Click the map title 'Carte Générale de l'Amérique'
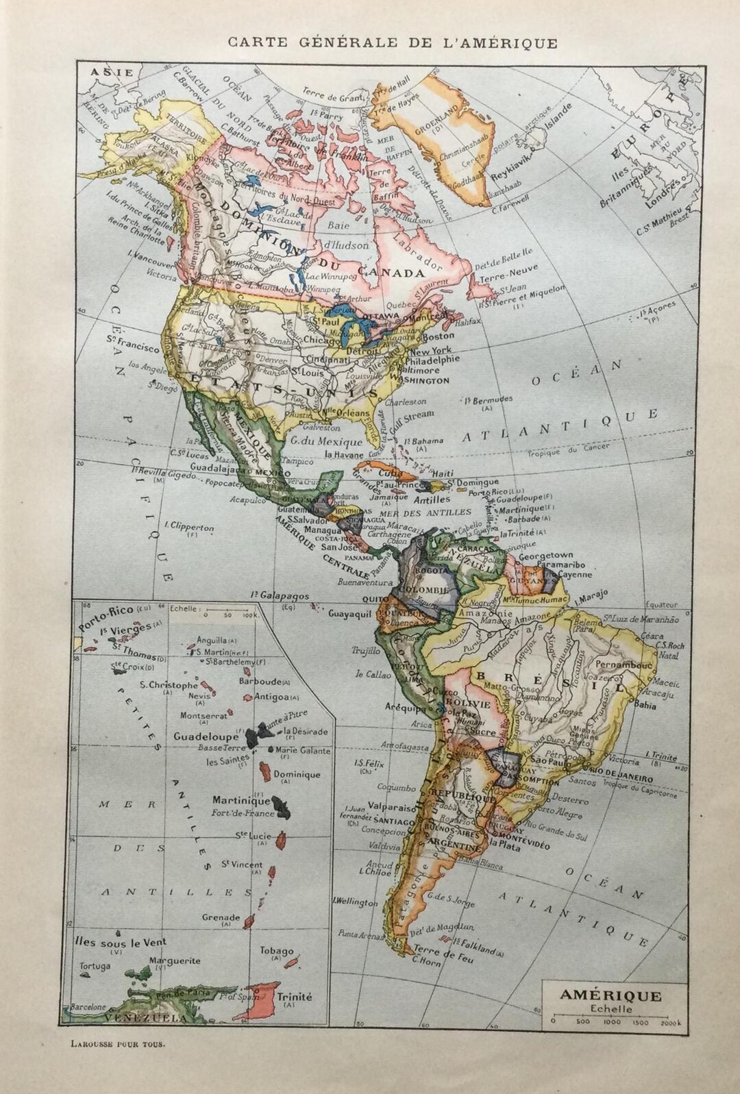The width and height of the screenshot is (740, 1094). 393,42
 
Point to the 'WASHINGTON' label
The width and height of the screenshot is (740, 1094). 419,380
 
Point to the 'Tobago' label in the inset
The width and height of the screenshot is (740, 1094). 277,952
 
